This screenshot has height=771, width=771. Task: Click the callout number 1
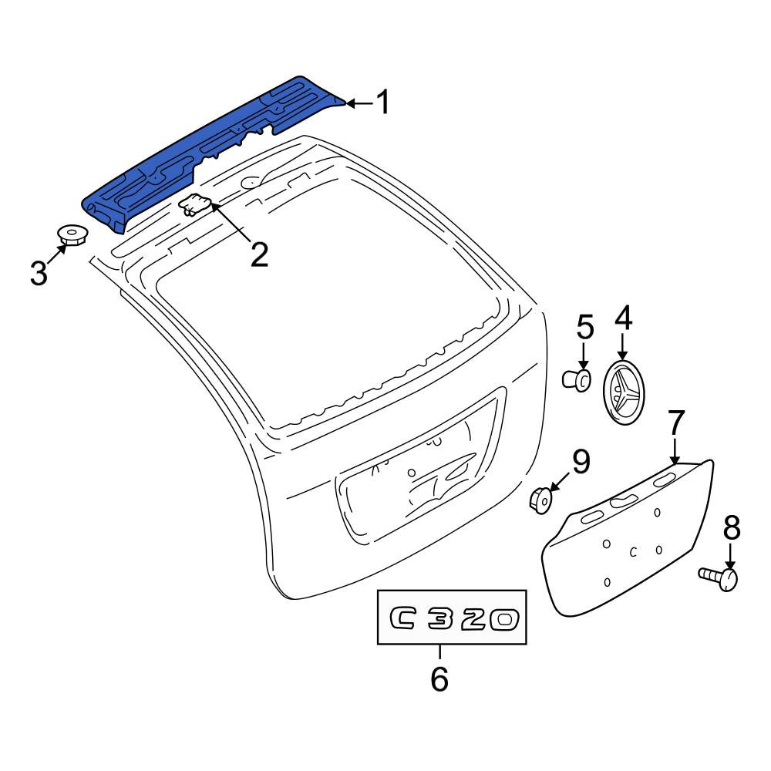point(382,102)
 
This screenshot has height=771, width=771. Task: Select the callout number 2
point(260,254)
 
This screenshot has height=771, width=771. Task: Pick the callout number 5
point(584,327)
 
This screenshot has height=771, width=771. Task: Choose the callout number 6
point(439,678)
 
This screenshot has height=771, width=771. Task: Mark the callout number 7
point(675,423)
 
